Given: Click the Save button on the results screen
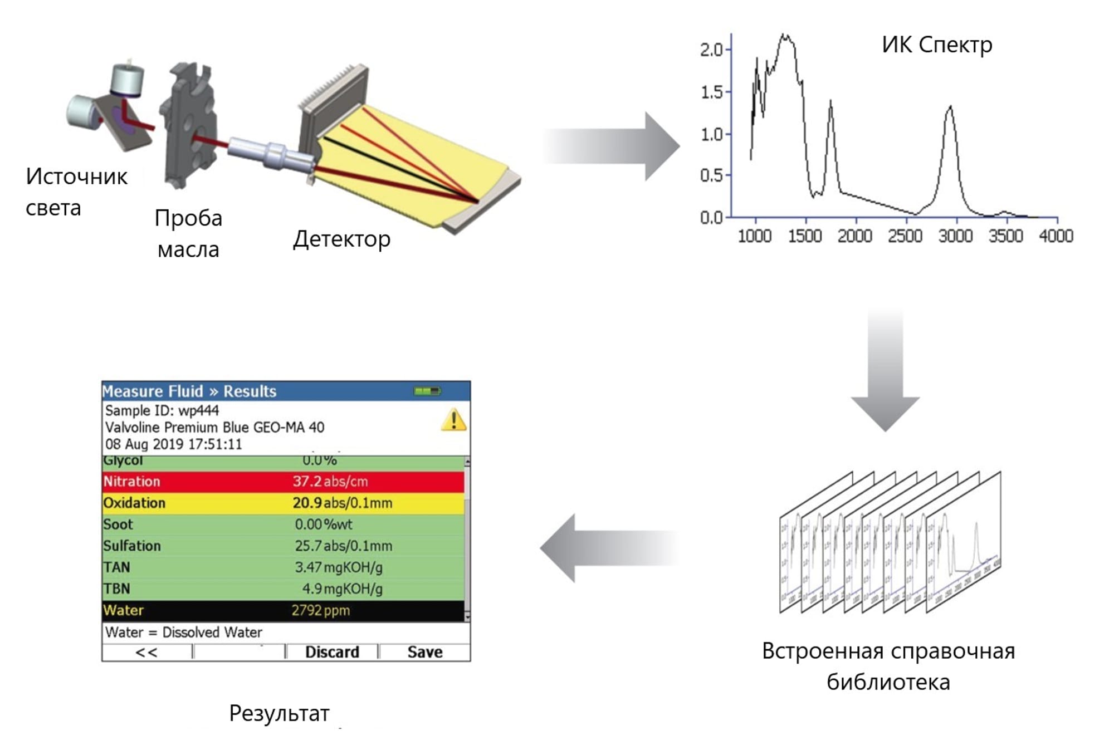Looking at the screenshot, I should pyautogui.click(x=424, y=651).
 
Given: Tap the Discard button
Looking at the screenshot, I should pyautogui.click(x=332, y=651).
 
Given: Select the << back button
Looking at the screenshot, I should pyautogui.click(x=146, y=652).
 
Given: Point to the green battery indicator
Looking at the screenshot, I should pyautogui.click(x=427, y=391).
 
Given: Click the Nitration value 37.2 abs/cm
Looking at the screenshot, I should pyautogui.click(x=330, y=481).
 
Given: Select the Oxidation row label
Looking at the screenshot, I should pyautogui.click(x=134, y=503).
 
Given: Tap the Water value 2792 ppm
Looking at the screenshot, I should pyautogui.click(x=320, y=610).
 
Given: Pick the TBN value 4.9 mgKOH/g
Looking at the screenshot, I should pyautogui.click(x=342, y=589).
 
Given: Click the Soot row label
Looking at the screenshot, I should pyautogui.click(x=118, y=524).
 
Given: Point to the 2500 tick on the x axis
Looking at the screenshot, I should pyautogui.click(x=905, y=236).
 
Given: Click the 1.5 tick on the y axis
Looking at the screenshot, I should pyautogui.click(x=712, y=92).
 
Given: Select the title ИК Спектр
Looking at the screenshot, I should pyautogui.click(x=937, y=45).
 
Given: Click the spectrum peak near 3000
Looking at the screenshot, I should pyautogui.click(x=950, y=107).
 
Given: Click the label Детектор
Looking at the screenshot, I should pyautogui.click(x=341, y=238).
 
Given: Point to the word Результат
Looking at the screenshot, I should pyautogui.click(x=279, y=713).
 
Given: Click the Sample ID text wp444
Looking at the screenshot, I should pyautogui.click(x=198, y=410).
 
